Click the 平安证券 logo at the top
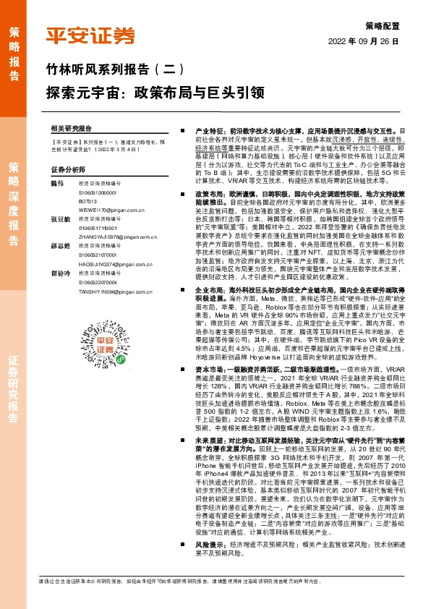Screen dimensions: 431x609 (x=90, y=36)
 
